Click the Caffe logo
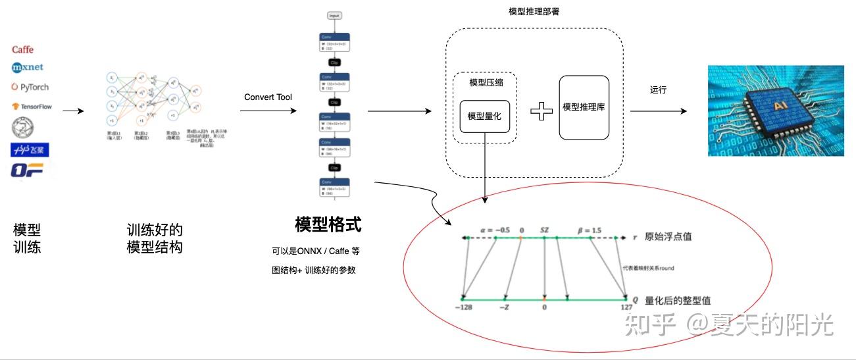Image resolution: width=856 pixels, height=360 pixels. coord(22,50)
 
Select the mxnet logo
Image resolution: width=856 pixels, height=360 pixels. coord(27,67)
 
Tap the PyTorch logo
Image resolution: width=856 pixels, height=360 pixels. coord(30,87)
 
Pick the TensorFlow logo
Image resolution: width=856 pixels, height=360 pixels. coord(31,106)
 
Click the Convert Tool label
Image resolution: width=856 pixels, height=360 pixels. coord(268,97)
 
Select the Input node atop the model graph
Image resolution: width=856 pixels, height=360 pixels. coord(336,15)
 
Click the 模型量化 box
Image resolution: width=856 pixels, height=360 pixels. coord(485,116)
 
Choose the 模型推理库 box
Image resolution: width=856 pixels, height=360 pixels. coord(584,107)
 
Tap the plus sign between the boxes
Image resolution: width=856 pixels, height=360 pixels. coord(541,111)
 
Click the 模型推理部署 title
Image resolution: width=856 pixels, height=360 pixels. coord(534,12)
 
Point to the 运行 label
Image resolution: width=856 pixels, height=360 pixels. coord(658,90)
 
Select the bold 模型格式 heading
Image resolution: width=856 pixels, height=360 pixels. coord(328,224)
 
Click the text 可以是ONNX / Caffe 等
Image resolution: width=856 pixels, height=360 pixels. coord(315,251)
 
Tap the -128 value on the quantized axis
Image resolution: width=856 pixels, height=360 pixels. coord(464,307)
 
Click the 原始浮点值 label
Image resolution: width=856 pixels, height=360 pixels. coord(668,237)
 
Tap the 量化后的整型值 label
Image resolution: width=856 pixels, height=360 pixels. coord(678,300)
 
